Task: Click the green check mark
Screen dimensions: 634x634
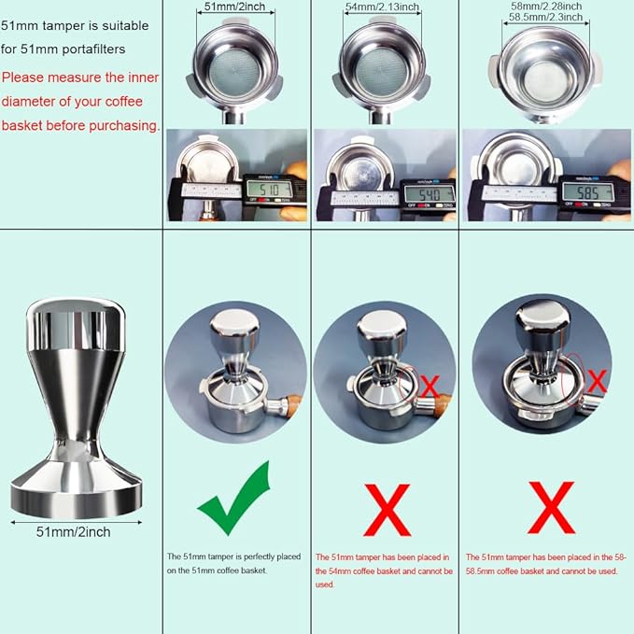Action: tap(234, 500)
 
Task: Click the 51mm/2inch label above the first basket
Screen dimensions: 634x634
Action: tap(237, 8)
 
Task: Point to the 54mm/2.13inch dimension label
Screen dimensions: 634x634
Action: tap(385, 8)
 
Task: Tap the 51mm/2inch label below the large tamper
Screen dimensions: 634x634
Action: tap(74, 532)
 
